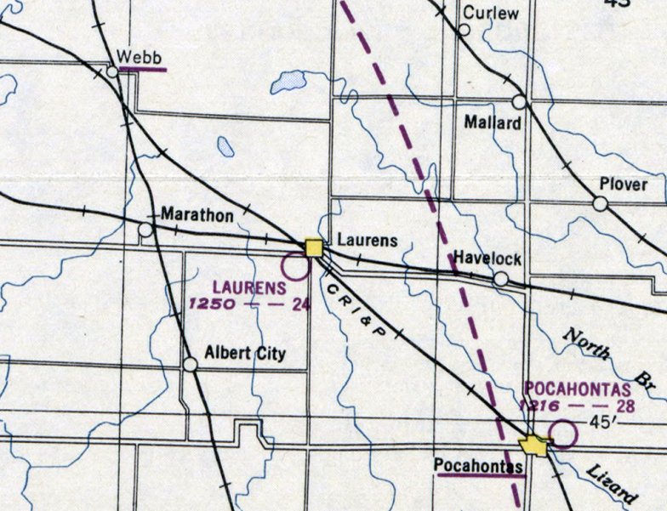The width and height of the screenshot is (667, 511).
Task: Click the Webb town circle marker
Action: tap(113, 72)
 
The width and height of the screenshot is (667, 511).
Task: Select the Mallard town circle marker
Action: tap(518, 102)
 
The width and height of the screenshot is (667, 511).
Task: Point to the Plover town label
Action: tap(623, 185)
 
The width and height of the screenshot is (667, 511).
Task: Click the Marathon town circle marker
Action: tap(145, 230)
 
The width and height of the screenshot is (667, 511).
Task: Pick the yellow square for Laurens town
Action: tap(314, 247)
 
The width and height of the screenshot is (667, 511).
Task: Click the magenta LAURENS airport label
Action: tap(249, 287)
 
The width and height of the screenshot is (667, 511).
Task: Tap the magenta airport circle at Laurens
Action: tap(295, 267)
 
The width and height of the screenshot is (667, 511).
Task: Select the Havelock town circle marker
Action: tap(501, 279)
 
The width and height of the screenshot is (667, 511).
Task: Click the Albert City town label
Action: tap(246, 354)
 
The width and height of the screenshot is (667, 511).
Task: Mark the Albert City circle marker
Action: tap(191, 365)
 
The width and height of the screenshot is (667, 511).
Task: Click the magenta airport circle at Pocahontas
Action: tap(563, 434)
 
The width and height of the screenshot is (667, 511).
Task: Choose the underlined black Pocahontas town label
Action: tap(478, 465)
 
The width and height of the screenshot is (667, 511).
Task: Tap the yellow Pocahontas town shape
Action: tap(533, 445)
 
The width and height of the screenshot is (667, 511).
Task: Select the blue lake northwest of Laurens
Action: tap(291, 82)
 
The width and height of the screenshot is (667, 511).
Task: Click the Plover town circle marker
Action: tap(600, 204)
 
